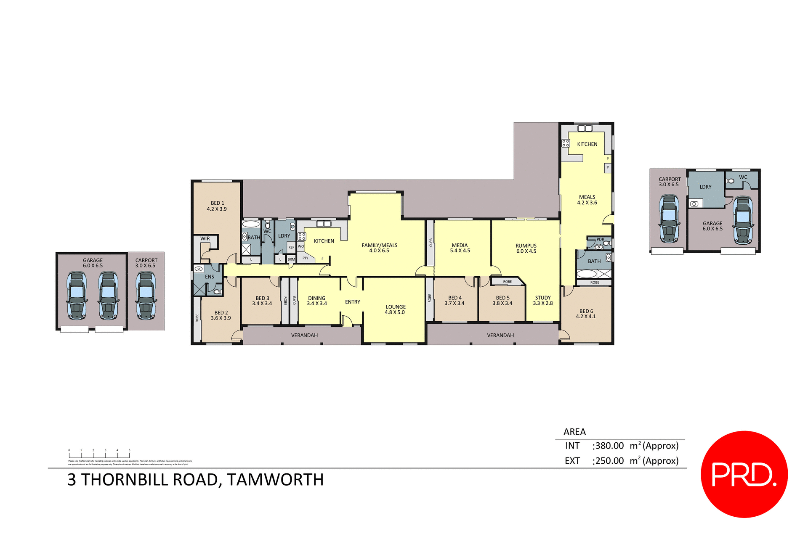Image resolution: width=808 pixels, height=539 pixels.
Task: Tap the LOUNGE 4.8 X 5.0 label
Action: pos(395,309)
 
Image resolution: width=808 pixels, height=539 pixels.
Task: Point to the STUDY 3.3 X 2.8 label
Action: pos(543,300)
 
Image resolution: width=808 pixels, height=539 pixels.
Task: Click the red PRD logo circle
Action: pos(744,474)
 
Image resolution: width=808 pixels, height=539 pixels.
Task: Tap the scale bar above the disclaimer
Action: pos(99,454)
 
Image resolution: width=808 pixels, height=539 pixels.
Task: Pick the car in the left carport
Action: pos(146,296)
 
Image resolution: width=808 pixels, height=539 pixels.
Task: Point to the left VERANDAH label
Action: pos(304,335)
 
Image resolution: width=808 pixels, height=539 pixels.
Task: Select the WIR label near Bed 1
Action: pos(205,238)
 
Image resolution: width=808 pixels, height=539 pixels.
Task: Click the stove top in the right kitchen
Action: pos(566,143)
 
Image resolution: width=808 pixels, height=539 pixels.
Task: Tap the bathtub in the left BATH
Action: pos(251,224)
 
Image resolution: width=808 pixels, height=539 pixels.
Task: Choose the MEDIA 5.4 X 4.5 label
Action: pos(460,248)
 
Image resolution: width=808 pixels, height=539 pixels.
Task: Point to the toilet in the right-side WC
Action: pos(731,181)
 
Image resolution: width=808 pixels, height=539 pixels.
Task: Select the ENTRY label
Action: pos(352,302)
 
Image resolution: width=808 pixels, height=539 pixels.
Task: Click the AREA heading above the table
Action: pos(574,432)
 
